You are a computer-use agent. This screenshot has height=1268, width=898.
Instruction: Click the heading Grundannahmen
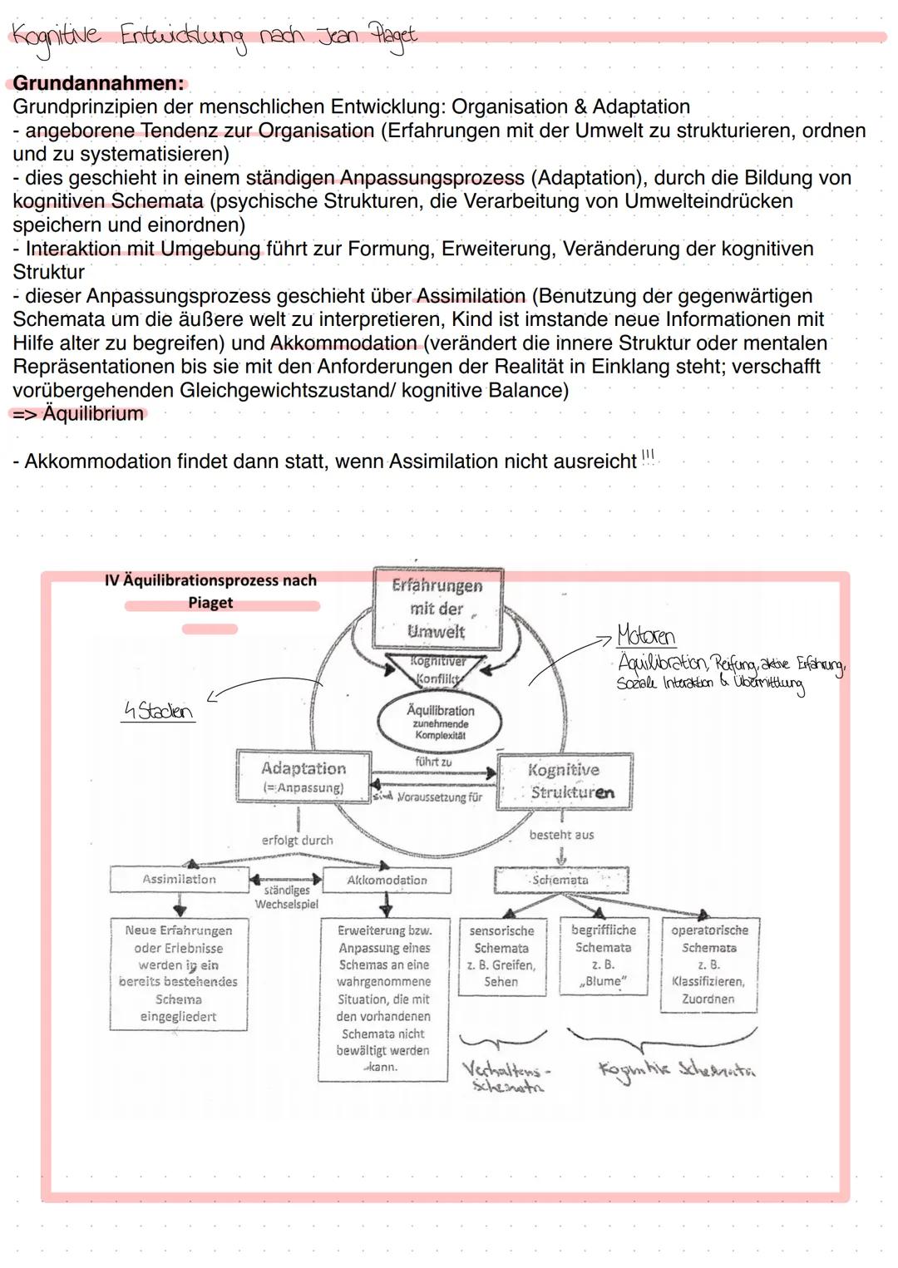tap(98, 83)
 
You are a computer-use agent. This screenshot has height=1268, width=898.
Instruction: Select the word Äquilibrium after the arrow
tap(92, 413)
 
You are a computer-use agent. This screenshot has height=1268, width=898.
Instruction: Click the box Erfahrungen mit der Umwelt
tap(437, 609)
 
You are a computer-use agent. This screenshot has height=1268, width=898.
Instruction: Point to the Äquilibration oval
tap(440, 721)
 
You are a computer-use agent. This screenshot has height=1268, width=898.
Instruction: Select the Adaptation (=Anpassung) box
tap(303, 777)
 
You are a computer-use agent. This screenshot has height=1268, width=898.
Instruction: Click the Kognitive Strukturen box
tap(565, 781)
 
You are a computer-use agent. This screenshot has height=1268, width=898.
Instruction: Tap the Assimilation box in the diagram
tap(179, 879)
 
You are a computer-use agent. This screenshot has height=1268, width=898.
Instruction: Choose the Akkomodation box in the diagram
tap(387, 880)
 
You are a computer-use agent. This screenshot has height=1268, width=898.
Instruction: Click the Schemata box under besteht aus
tap(560, 880)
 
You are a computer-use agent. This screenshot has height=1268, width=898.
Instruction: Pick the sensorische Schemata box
tap(501, 955)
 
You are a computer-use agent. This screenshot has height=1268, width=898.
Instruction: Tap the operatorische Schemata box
tap(709, 964)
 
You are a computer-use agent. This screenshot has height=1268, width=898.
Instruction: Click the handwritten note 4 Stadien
tap(157, 712)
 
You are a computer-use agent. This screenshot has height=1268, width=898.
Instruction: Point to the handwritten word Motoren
tap(646, 636)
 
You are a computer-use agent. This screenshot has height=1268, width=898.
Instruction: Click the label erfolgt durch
tap(297, 841)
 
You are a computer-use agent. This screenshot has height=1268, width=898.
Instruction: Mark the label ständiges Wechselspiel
tap(286, 897)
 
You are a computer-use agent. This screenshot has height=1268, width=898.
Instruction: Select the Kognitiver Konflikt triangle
tap(438, 669)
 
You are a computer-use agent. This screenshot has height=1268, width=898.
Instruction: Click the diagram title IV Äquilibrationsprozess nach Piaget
tap(210, 591)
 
